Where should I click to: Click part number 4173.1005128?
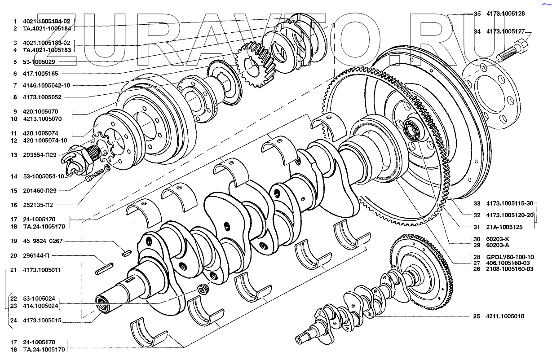[x=505, y=13]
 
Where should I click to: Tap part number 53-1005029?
[x=39, y=62]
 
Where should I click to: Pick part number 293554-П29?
[x=40, y=155]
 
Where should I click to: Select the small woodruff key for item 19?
[x=127, y=253]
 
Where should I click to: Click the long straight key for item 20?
[x=104, y=268]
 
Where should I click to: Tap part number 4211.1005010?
[x=505, y=316]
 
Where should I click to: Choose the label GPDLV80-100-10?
[x=510, y=257]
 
